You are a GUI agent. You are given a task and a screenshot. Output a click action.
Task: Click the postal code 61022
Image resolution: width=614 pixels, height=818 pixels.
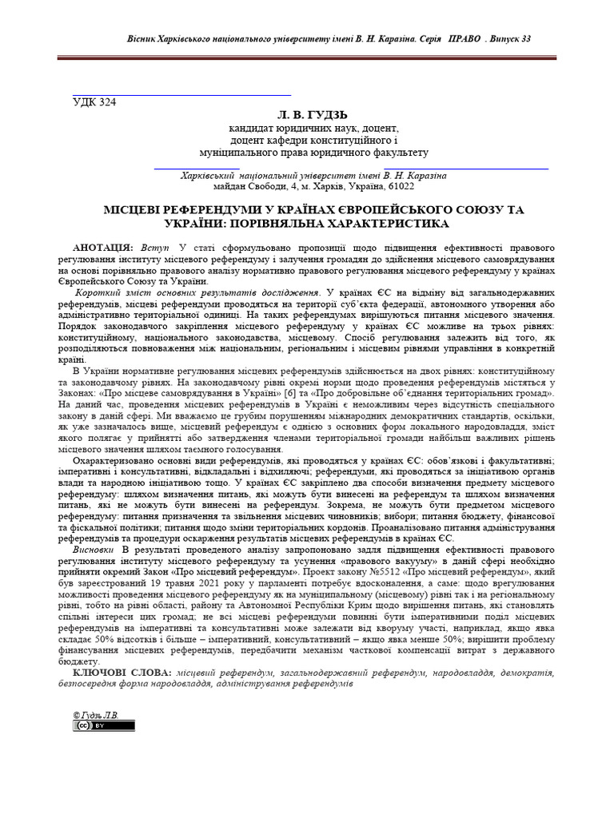pos(399,186)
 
